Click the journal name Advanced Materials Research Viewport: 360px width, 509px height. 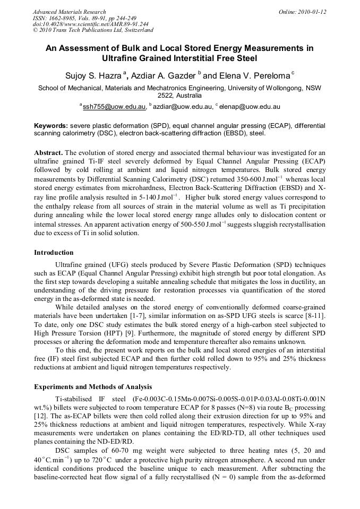point(69,12)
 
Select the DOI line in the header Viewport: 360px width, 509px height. point(91,24)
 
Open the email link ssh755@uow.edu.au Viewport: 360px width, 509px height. point(114,106)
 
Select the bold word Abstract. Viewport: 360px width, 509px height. point(49,151)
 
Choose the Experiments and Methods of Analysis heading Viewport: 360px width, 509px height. point(93,386)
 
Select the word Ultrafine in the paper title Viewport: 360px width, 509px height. point(122,58)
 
